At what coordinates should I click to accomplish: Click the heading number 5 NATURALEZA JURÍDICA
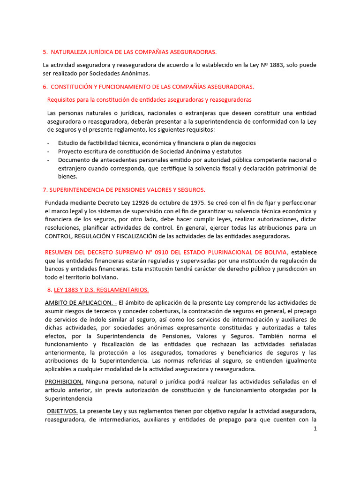pyautogui.click(x=129, y=52)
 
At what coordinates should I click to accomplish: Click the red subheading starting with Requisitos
pyautogui.click(x=149, y=99)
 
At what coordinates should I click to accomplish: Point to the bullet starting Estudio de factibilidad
pyautogui.click(x=157, y=143)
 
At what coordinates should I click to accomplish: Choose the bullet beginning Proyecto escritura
pyautogui.click(x=150, y=151)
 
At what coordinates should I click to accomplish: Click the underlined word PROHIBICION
pyautogui.click(x=64, y=382)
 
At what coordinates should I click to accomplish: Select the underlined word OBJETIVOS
pyautogui.click(x=62, y=411)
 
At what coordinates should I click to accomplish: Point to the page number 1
pyautogui.click(x=315, y=428)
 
